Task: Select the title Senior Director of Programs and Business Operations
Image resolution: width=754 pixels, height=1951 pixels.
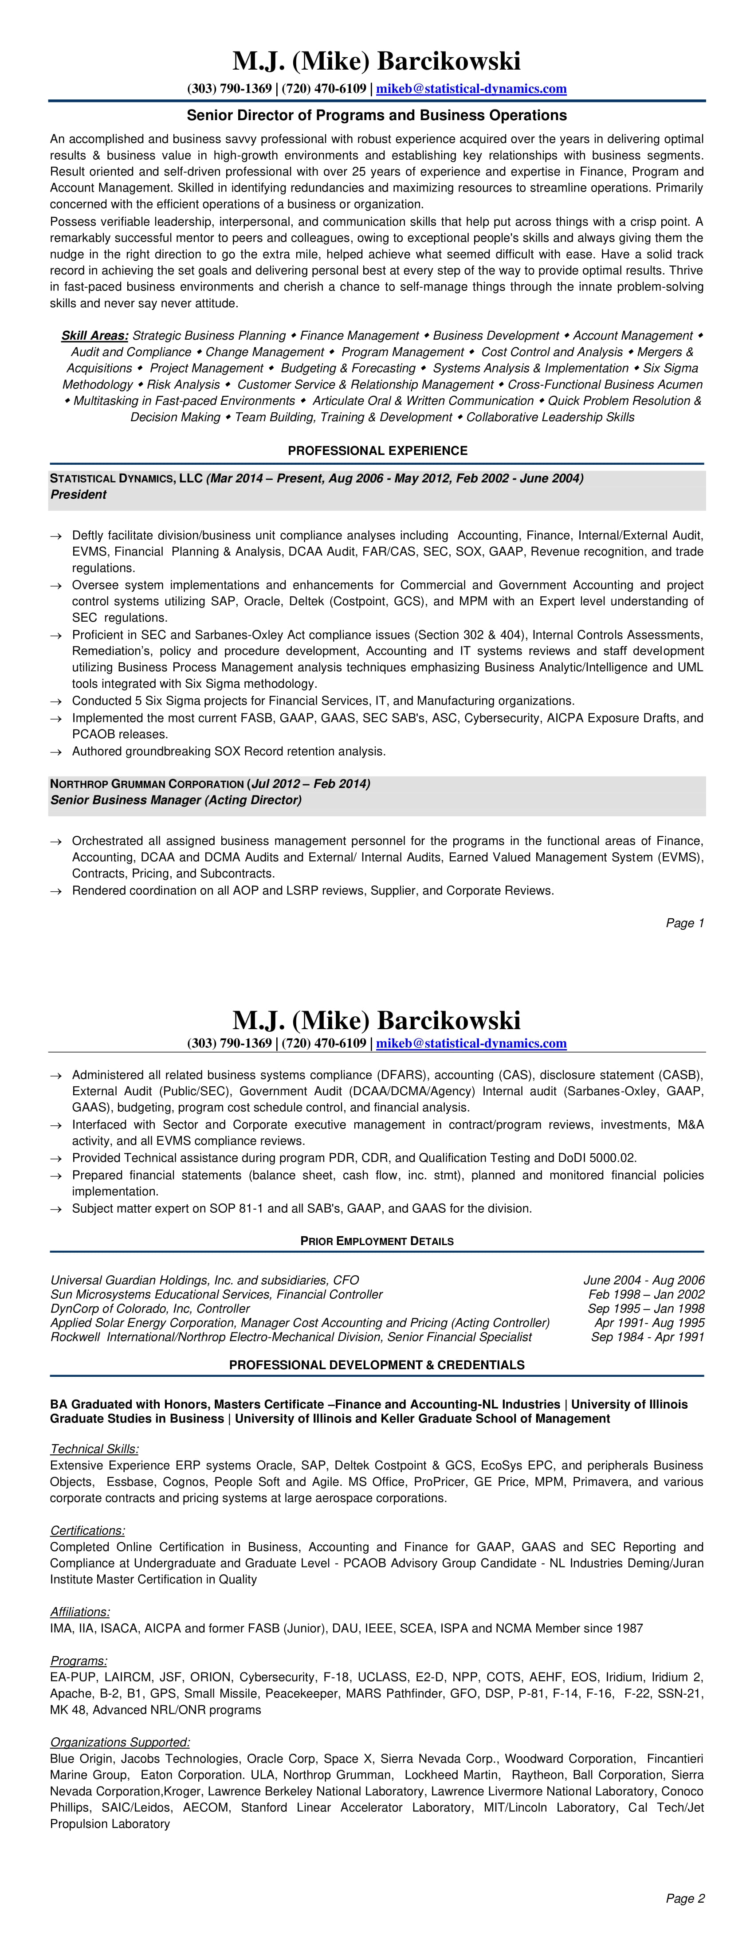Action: coord(377,116)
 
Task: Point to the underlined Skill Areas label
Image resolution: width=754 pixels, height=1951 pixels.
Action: coord(95,336)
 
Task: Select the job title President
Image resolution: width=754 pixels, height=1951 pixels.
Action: coord(78,494)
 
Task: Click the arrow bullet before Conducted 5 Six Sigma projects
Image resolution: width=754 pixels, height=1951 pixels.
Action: coord(55,701)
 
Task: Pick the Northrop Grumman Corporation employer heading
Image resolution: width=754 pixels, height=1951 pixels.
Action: coord(147,784)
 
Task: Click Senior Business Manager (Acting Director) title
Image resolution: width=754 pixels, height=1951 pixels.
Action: coord(176,800)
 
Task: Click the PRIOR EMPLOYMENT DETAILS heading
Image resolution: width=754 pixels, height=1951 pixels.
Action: coord(377,1242)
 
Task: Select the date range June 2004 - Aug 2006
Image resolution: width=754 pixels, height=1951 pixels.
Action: coord(644,1281)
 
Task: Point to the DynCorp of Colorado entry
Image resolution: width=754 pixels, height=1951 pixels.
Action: coord(150,1309)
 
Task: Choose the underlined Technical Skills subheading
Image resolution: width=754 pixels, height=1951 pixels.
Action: coord(94,1450)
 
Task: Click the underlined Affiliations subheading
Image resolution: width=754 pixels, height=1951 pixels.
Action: coord(79,1612)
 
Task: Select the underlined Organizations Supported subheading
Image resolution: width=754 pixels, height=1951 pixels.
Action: coord(120,1743)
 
